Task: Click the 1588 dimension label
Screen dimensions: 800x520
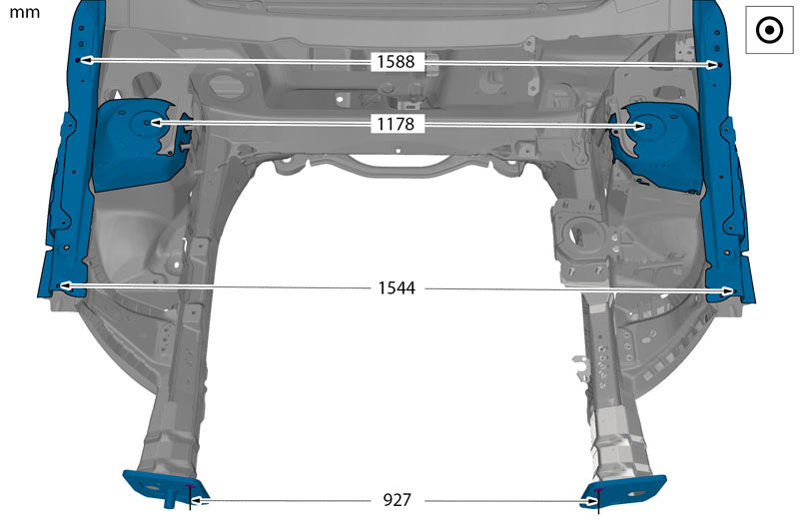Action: pyautogui.click(x=396, y=62)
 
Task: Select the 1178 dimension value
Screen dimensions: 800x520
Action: pyautogui.click(x=396, y=124)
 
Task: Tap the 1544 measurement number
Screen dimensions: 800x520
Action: pyautogui.click(x=397, y=288)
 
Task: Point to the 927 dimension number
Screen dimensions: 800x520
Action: pyautogui.click(x=397, y=500)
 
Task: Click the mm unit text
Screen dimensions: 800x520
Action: pyautogui.click(x=25, y=13)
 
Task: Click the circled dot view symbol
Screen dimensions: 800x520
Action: pyautogui.click(x=769, y=30)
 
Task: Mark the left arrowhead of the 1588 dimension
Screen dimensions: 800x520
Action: pyautogui.click(x=86, y=60)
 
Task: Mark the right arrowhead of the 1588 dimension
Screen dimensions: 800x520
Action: pyautogui.click(x=712, y=65)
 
